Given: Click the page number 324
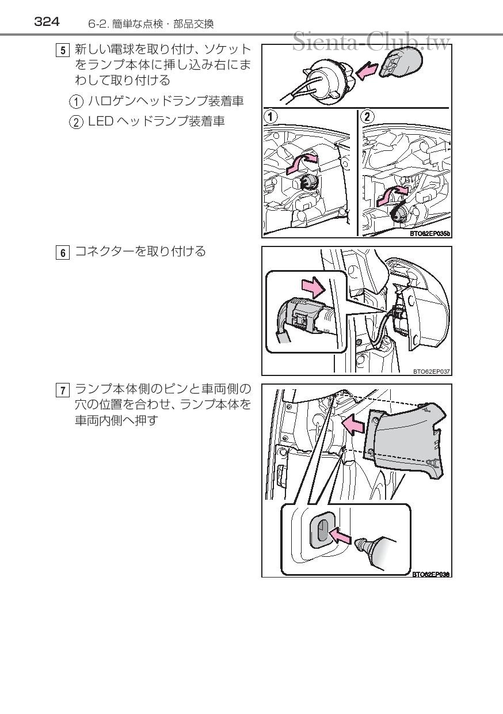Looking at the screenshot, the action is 47,22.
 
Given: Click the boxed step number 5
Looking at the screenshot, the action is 63,50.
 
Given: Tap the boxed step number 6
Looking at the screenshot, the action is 63,253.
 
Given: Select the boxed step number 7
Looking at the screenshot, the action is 63,390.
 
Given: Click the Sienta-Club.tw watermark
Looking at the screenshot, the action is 371,42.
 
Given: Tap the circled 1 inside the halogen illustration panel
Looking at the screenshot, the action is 270,117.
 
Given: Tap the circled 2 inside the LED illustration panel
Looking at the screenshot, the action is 367,117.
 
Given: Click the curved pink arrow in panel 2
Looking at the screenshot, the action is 392,196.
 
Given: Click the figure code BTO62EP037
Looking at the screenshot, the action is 432,371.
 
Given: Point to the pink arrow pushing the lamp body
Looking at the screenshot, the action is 353,425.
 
